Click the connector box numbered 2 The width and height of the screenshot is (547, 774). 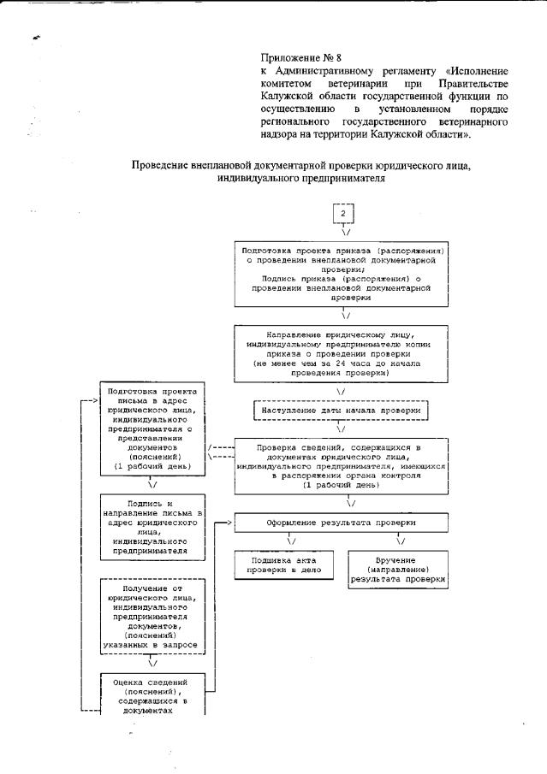coord(342,214)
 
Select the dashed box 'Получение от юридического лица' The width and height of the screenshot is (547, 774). coord(152,617)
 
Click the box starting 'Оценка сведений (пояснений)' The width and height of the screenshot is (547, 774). coord(152,694)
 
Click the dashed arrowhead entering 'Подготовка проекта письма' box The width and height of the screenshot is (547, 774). coord(93,400)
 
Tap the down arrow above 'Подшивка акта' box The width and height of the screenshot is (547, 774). coord(291,541)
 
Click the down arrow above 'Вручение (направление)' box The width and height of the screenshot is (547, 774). coord(400,541)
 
